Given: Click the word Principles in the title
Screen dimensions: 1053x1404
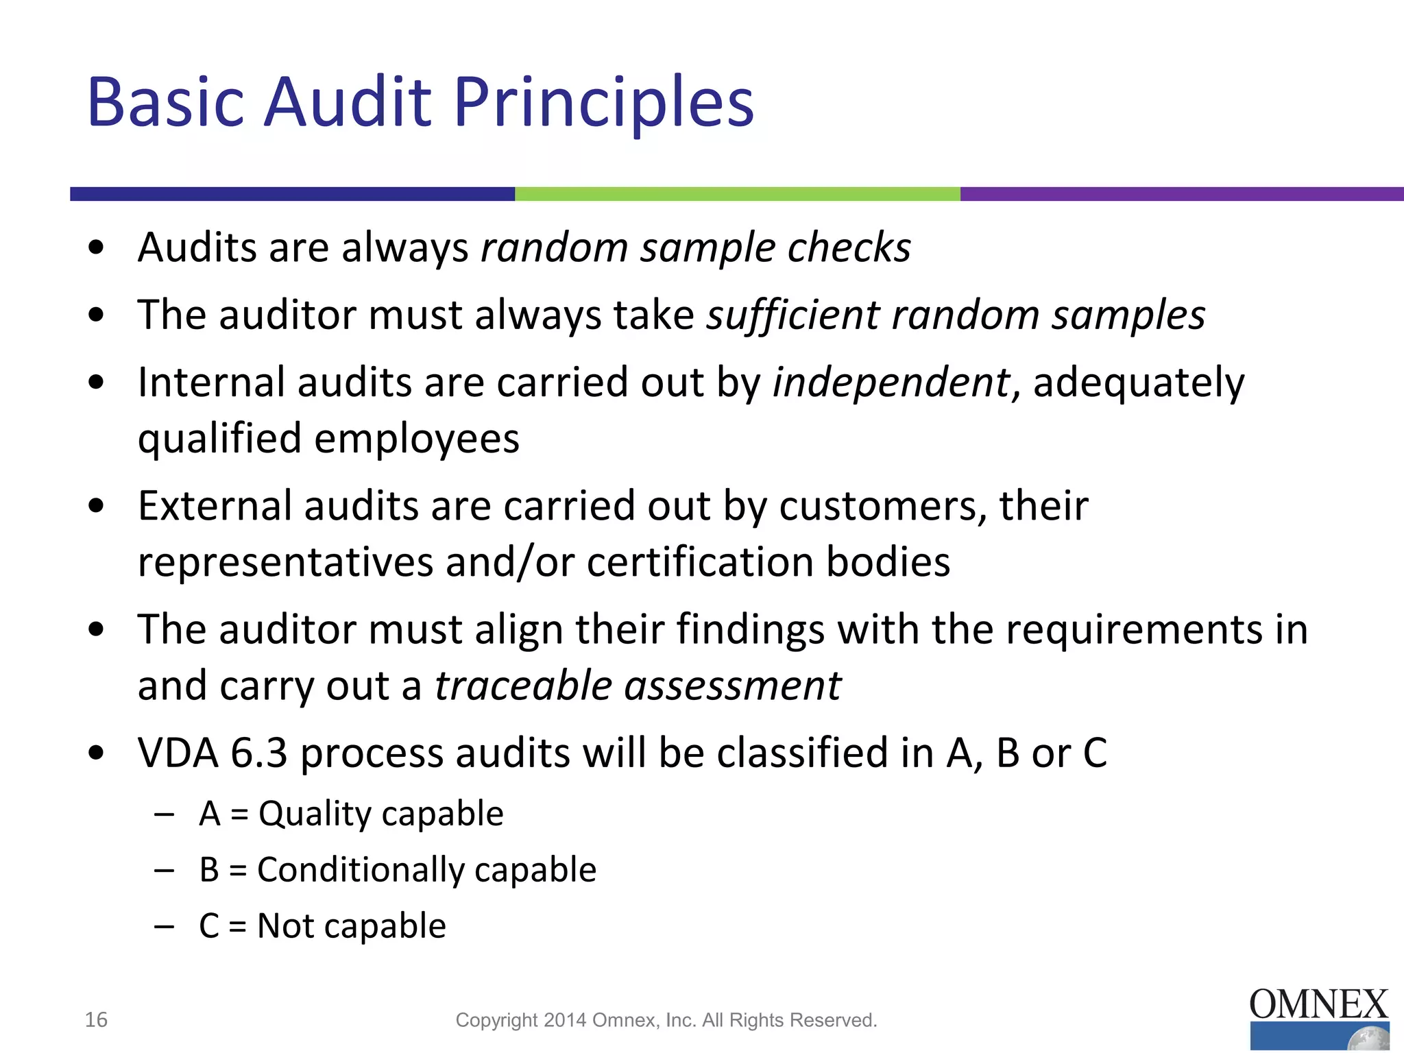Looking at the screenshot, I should point(603,103).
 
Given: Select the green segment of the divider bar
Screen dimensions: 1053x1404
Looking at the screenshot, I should point(737,194).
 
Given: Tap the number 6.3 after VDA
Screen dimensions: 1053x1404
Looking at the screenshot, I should point(258,753).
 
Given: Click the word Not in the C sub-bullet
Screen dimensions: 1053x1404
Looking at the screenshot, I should point(285,926).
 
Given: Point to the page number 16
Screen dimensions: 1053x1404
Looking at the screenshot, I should point(96,1020).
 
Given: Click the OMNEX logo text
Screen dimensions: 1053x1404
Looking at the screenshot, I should point(1318,1005).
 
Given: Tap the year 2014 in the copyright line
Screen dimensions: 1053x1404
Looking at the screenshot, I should point(565,1021).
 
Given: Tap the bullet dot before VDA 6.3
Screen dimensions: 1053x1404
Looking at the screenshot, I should point(96,753).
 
